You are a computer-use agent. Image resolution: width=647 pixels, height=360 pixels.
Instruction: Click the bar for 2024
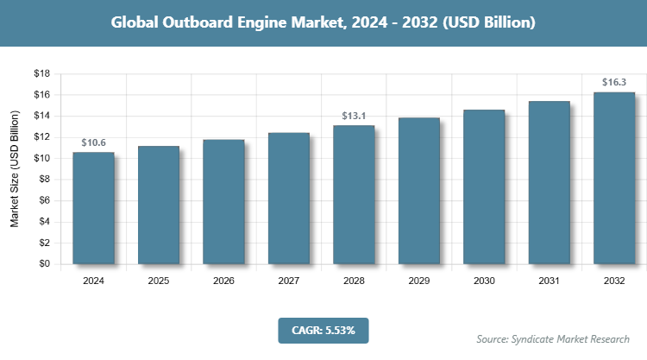(93, 208)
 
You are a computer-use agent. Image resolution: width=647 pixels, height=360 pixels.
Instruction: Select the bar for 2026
(223, 202)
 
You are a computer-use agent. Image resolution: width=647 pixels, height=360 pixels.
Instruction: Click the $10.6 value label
(93, 142)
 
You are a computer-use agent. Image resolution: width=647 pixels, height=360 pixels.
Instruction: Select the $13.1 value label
(354, 116)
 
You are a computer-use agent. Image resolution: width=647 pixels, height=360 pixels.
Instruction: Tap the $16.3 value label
(614, 82)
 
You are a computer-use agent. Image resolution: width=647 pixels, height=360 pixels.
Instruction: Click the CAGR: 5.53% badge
(323, 330)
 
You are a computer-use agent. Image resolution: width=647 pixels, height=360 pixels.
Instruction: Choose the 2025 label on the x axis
(159, 281)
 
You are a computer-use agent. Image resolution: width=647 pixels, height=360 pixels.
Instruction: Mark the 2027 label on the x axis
(289, 281)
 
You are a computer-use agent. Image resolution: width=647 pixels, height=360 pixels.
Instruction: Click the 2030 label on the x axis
(484, 281)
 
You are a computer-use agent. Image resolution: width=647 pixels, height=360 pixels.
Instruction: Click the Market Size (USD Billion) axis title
(15, 169)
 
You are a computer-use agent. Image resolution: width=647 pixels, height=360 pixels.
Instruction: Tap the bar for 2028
(354, 195)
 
